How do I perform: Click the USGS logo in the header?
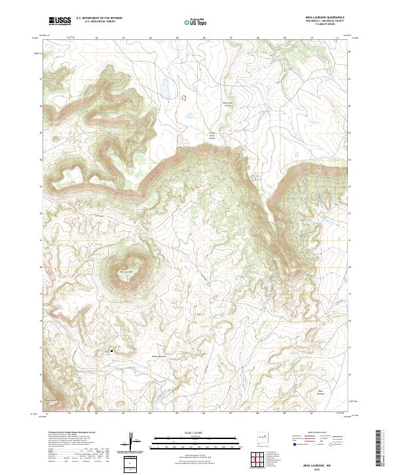pos(60,21)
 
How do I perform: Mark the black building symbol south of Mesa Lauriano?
pos(113,351)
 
